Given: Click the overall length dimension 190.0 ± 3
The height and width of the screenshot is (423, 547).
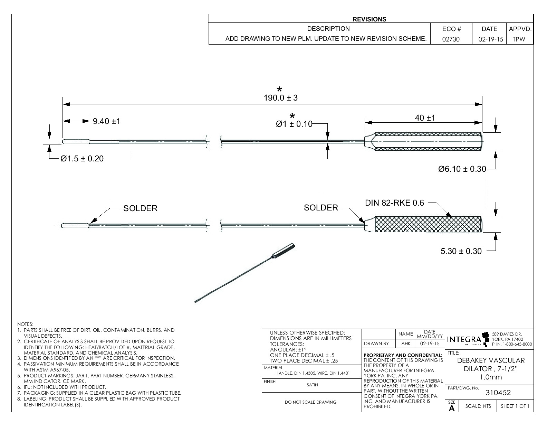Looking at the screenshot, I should [x=280, y=98].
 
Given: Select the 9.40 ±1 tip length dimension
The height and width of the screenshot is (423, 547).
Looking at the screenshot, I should [x=106, y=121].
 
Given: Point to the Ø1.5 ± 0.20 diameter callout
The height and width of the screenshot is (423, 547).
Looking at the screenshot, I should [x=82, y=159].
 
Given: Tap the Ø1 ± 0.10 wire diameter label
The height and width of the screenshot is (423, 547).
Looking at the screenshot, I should [x=294, y=124].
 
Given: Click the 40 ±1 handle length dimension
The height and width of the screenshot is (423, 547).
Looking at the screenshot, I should [x=425, y=118].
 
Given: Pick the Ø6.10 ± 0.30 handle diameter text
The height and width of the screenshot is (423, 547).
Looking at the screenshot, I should [x=462, y=169].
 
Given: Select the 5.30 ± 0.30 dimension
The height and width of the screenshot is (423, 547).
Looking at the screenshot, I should [x=461, y=251].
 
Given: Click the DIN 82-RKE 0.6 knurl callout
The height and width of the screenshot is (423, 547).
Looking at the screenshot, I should [x=394, y=203].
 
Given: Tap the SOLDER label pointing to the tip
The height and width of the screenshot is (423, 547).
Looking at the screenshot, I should [x=140, y=208].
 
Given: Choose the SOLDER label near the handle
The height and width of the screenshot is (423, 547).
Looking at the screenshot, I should [x=321, y=208].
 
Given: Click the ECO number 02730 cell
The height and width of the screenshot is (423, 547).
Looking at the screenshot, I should [x=451, y=39].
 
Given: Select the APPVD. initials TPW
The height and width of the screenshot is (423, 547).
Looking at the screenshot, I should [x=519, y=39].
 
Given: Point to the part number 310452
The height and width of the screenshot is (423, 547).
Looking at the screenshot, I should [x=498, y=392].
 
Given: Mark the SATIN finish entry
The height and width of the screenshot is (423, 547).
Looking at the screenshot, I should [x=312, y=385].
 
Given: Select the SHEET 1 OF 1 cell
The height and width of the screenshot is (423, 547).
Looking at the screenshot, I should [x=515, y=406].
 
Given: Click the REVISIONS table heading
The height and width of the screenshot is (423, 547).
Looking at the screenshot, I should [x=369, y=19].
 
